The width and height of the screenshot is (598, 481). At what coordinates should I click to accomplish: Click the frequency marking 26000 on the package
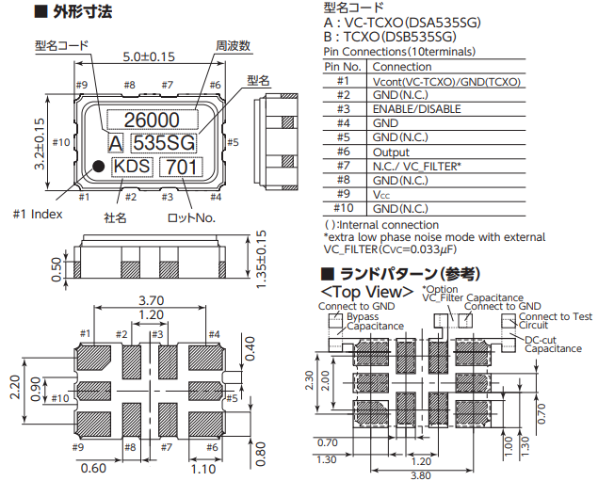152,120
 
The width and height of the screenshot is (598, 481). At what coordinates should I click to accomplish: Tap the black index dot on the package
97,167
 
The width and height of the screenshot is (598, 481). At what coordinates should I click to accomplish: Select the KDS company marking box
132,167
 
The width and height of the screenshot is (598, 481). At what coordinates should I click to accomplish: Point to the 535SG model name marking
163,143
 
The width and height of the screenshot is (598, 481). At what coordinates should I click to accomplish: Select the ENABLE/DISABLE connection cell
416,109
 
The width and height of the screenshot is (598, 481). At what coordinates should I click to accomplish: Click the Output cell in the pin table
391,152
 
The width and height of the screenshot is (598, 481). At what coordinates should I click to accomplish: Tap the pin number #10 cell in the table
343,208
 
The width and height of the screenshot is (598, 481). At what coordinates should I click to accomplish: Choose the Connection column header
402,67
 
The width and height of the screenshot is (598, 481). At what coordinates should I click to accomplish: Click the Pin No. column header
343,67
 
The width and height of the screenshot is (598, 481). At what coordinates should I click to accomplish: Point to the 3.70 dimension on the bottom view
152,300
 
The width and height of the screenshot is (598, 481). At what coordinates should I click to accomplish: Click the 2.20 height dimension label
13,385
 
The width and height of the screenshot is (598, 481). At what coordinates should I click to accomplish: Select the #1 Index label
38,214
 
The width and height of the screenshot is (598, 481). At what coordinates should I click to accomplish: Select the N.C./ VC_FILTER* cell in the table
417,166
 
